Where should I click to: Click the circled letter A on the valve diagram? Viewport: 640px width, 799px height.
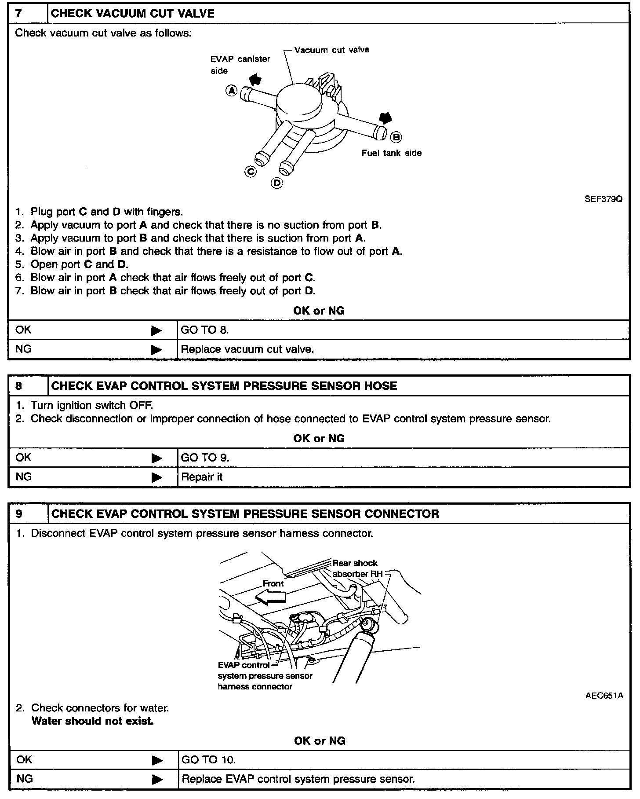click(x=232, y=91)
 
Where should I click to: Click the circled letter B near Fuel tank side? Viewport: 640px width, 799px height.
click(x=396, y=137)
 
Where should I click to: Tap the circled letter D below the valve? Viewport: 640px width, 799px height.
click(x=277, y=183)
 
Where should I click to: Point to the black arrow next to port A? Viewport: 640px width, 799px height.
click(x=255, y=79)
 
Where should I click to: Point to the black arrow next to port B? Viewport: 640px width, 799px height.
click(x=385, y=118)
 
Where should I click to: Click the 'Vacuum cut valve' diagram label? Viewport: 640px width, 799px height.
click(x=331, y=50)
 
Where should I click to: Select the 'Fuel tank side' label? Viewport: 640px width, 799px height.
click(x=391, y=153)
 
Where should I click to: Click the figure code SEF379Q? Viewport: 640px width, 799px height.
click(x=603, y=198)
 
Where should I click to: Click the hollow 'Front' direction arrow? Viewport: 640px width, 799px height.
click(x=271, y=597)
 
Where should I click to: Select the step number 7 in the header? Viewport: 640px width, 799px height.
click(x=18, y=13)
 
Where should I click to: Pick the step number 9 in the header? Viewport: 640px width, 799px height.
click(x=18, y=513)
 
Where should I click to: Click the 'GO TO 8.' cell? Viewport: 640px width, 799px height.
click(x=205, y=330)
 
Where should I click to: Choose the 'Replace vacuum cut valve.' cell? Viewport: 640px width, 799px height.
click(x=247, y=349)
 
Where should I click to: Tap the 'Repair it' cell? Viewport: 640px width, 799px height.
click(x=202, y=477)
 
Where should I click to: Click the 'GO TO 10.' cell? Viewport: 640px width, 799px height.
click(x=209, y=759)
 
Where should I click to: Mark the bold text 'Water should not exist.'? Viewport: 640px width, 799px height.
click(x=93, y=721)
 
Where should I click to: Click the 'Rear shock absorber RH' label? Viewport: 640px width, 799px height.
click(x=357, y=568)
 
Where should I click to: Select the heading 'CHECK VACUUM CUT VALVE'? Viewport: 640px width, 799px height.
click(x=133, y=13)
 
